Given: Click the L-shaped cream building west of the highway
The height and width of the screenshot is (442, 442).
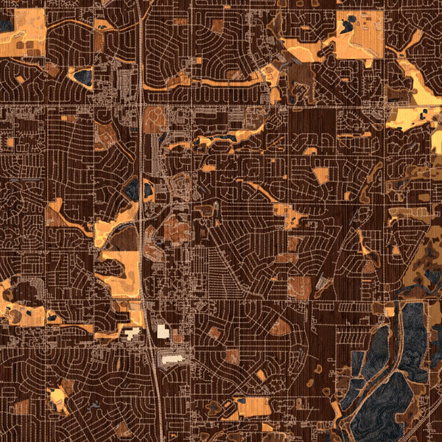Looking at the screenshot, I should click(132, 333).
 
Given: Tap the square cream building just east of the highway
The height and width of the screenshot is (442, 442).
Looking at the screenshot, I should click(162, 331).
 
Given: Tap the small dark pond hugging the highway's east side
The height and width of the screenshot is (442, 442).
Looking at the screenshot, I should click(148, 191).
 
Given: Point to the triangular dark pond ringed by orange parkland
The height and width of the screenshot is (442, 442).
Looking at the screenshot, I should click(83, 76).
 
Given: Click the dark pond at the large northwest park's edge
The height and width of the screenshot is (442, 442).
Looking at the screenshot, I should click(6, 26).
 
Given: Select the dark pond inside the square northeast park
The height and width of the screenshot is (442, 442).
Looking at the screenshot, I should click(346, 27).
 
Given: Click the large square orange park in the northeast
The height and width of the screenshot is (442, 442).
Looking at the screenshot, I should click(359, 34).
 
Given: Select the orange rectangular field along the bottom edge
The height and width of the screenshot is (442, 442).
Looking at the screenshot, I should click(252, 407).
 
